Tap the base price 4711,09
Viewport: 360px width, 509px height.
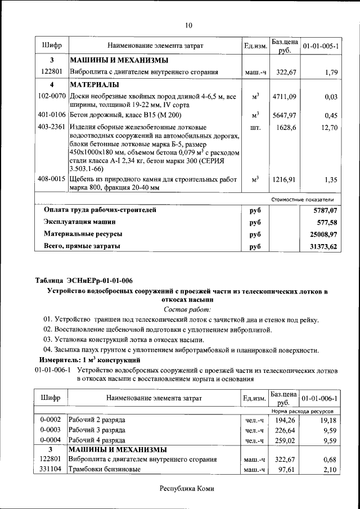click(x=283, y=97)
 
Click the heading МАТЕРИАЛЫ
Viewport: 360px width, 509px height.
click(x=94, y=84)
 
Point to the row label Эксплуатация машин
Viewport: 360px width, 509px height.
click(x=76, y=222)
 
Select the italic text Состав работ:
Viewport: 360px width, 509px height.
click(x=187, y=309)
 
